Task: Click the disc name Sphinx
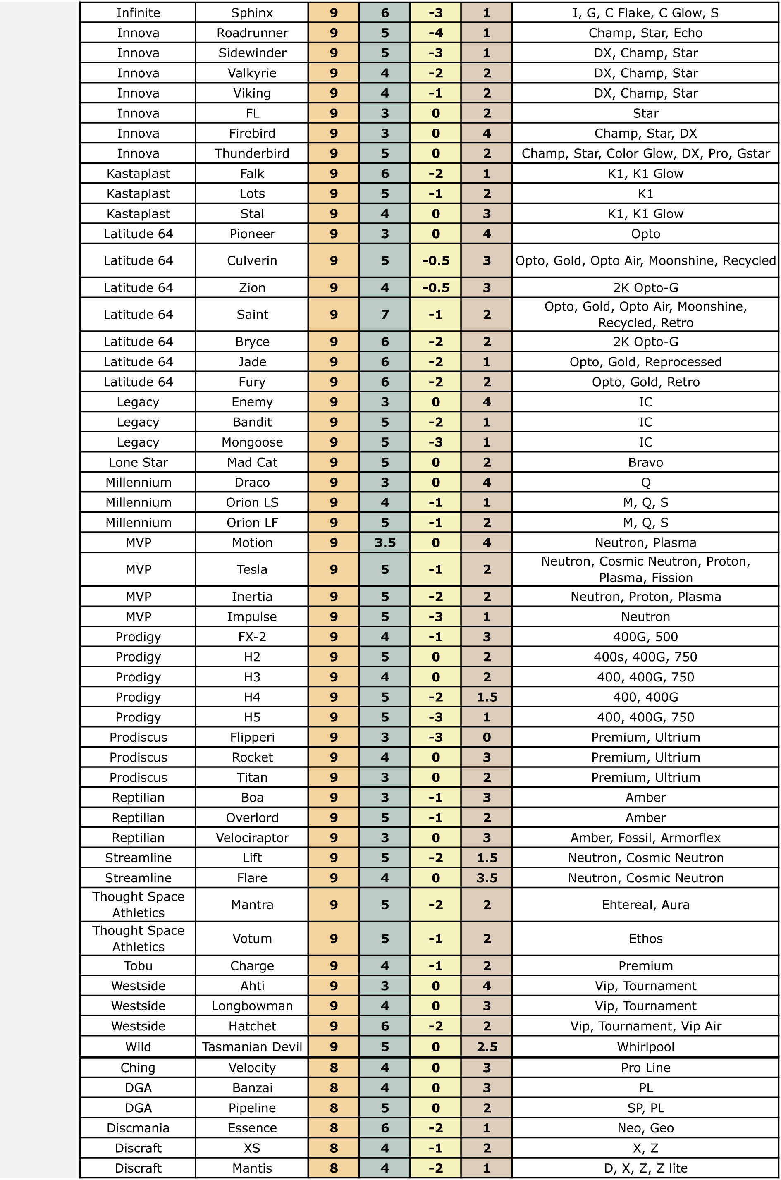point(252,13)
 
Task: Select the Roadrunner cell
point(252,33)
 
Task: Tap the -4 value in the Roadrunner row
point(435,33)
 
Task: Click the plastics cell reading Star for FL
point(645,113)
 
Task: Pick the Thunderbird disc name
point(252,153)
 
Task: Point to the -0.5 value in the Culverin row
point(435,260)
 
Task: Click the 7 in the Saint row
point(385,314)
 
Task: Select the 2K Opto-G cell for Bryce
point(645,342)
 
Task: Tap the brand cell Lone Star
point(138,462)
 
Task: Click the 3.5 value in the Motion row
point(385,542)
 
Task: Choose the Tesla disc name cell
point(252,569)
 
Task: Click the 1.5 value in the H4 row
point(487,697)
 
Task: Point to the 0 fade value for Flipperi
point(487,737)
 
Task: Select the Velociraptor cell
point(252,838)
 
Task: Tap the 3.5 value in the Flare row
point(487,878)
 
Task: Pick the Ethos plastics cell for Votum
point(645,939)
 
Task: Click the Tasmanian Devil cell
point(252,1046)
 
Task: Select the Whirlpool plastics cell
point(645,1046)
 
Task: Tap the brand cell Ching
point(138,1068)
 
